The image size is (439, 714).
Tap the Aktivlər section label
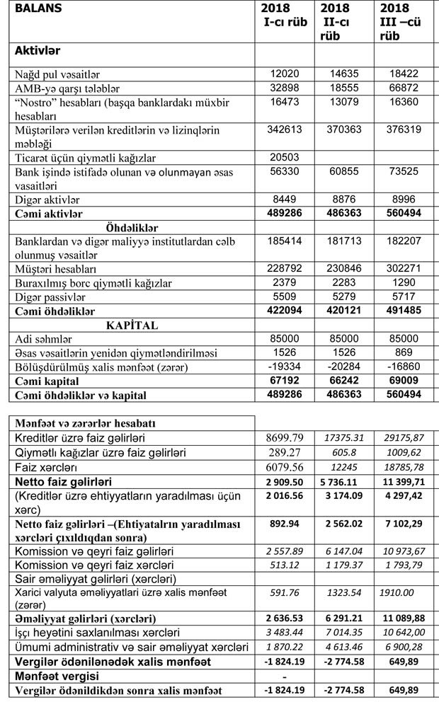38,51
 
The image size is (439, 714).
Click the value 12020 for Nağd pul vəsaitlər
285,74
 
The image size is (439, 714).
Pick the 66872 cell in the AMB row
404,88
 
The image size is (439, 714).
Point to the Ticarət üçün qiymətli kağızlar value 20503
285,158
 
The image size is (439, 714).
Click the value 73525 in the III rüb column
404,172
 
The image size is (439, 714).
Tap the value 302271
404,269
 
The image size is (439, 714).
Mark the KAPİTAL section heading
132,326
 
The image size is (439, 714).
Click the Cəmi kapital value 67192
285,381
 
